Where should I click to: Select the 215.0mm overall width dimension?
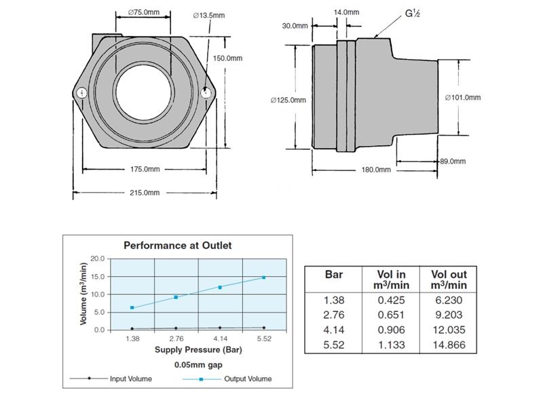click(145, 193)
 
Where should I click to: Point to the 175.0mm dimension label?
click(145, 169)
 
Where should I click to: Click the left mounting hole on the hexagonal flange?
click(82, 94)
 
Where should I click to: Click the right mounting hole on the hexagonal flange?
click(207, 94)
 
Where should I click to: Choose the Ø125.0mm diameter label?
click(288, 100)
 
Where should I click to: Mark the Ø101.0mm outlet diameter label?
click(463, 97)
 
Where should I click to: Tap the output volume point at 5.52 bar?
click(263, 277)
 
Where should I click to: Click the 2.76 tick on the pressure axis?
click(176, 338)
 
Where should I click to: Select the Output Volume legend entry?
click(248, 379)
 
